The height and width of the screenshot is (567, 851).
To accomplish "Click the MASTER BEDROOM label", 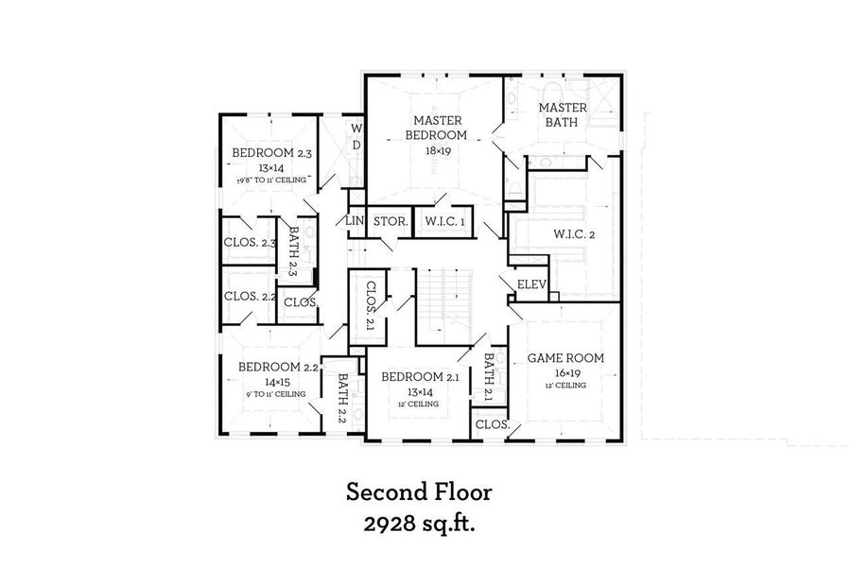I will (x=436, y=128).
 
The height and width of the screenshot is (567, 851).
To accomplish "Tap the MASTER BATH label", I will (x=563, y=115).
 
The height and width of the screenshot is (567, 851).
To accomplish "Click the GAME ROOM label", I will (x=565, y=358).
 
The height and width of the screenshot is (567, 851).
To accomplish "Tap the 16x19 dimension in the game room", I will (x=565, y=373).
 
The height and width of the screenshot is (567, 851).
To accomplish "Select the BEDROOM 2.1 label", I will (x=420, y=377).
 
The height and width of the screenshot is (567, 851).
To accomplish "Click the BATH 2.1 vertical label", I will (x=489, y=378).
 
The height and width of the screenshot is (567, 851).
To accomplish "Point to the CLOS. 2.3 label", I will (x=250, y=243).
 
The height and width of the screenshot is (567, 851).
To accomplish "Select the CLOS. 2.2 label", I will (x=250, y=296).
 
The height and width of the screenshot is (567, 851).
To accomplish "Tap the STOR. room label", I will (x=390, y=221).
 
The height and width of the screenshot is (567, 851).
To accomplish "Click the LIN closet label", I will (x=355, y=221).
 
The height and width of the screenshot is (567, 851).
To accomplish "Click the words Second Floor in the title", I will (x=418, y=492).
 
